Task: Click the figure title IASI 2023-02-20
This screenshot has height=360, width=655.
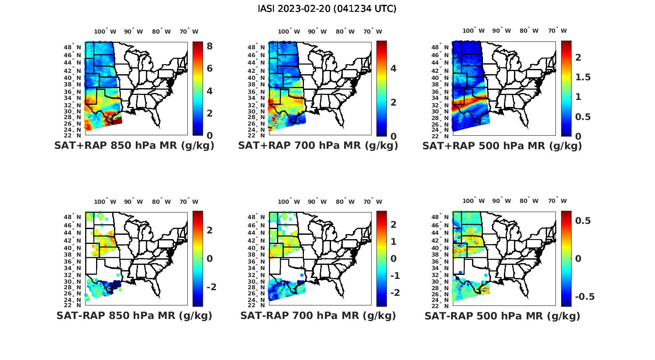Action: point(327,9)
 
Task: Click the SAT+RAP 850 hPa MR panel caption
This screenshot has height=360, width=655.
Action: point(134,146)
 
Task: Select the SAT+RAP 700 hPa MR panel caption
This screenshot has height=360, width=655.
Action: point(318,146)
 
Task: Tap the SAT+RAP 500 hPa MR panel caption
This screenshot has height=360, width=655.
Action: point(502,146)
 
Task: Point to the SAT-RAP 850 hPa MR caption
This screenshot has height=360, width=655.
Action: point(134,315)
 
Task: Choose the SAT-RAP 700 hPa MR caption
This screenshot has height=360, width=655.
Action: point(318,315)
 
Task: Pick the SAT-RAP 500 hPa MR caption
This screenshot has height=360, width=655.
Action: point(502,316)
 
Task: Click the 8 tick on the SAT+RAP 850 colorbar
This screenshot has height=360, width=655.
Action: point(210,46)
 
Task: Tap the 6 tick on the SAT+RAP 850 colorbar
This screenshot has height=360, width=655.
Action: point(210,69)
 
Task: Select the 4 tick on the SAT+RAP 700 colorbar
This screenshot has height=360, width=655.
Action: point(393,69)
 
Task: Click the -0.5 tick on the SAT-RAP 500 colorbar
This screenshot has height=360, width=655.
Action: point(584,297)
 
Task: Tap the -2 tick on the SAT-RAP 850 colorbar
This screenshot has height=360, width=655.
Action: point(211,287)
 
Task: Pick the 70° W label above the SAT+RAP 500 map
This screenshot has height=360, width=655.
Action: point(557,31)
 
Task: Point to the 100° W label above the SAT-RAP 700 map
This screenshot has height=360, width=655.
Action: point(289,202)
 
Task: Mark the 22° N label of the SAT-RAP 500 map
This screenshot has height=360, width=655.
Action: point(445,305)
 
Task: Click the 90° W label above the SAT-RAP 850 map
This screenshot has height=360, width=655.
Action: point(133,202)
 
